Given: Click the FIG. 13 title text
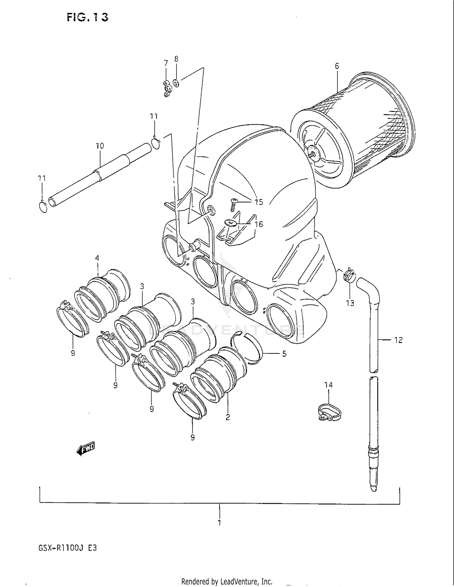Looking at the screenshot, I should click(87, 17).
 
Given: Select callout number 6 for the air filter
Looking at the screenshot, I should click(337, 66).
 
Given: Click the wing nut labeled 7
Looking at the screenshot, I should click(167, 89).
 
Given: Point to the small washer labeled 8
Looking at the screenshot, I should click(176, 83).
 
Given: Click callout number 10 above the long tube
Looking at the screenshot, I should click(100, 146).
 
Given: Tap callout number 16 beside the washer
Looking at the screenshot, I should click(258, 224).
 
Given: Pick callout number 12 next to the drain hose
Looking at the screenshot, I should click(398, 340).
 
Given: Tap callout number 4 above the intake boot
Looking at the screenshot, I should click(97, 258).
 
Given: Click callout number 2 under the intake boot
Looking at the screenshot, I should click(228, 417).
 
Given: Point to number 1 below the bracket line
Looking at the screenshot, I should click(219, 523).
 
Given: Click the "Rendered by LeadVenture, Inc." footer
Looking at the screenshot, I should click(227, 581).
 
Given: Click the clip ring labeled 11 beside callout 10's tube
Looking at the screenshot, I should click(156, 143).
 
